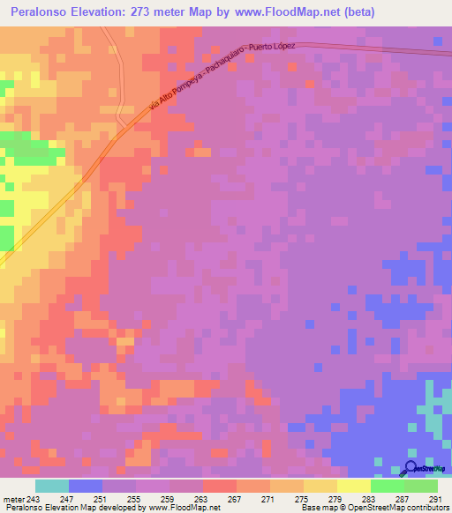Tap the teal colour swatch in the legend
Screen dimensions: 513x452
point(52,486)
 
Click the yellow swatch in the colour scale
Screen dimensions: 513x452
point(353,486)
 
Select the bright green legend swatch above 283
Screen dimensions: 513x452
point(387,486)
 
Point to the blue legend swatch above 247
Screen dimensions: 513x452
point(86,486)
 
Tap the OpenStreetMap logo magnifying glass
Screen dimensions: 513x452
point(411,467)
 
